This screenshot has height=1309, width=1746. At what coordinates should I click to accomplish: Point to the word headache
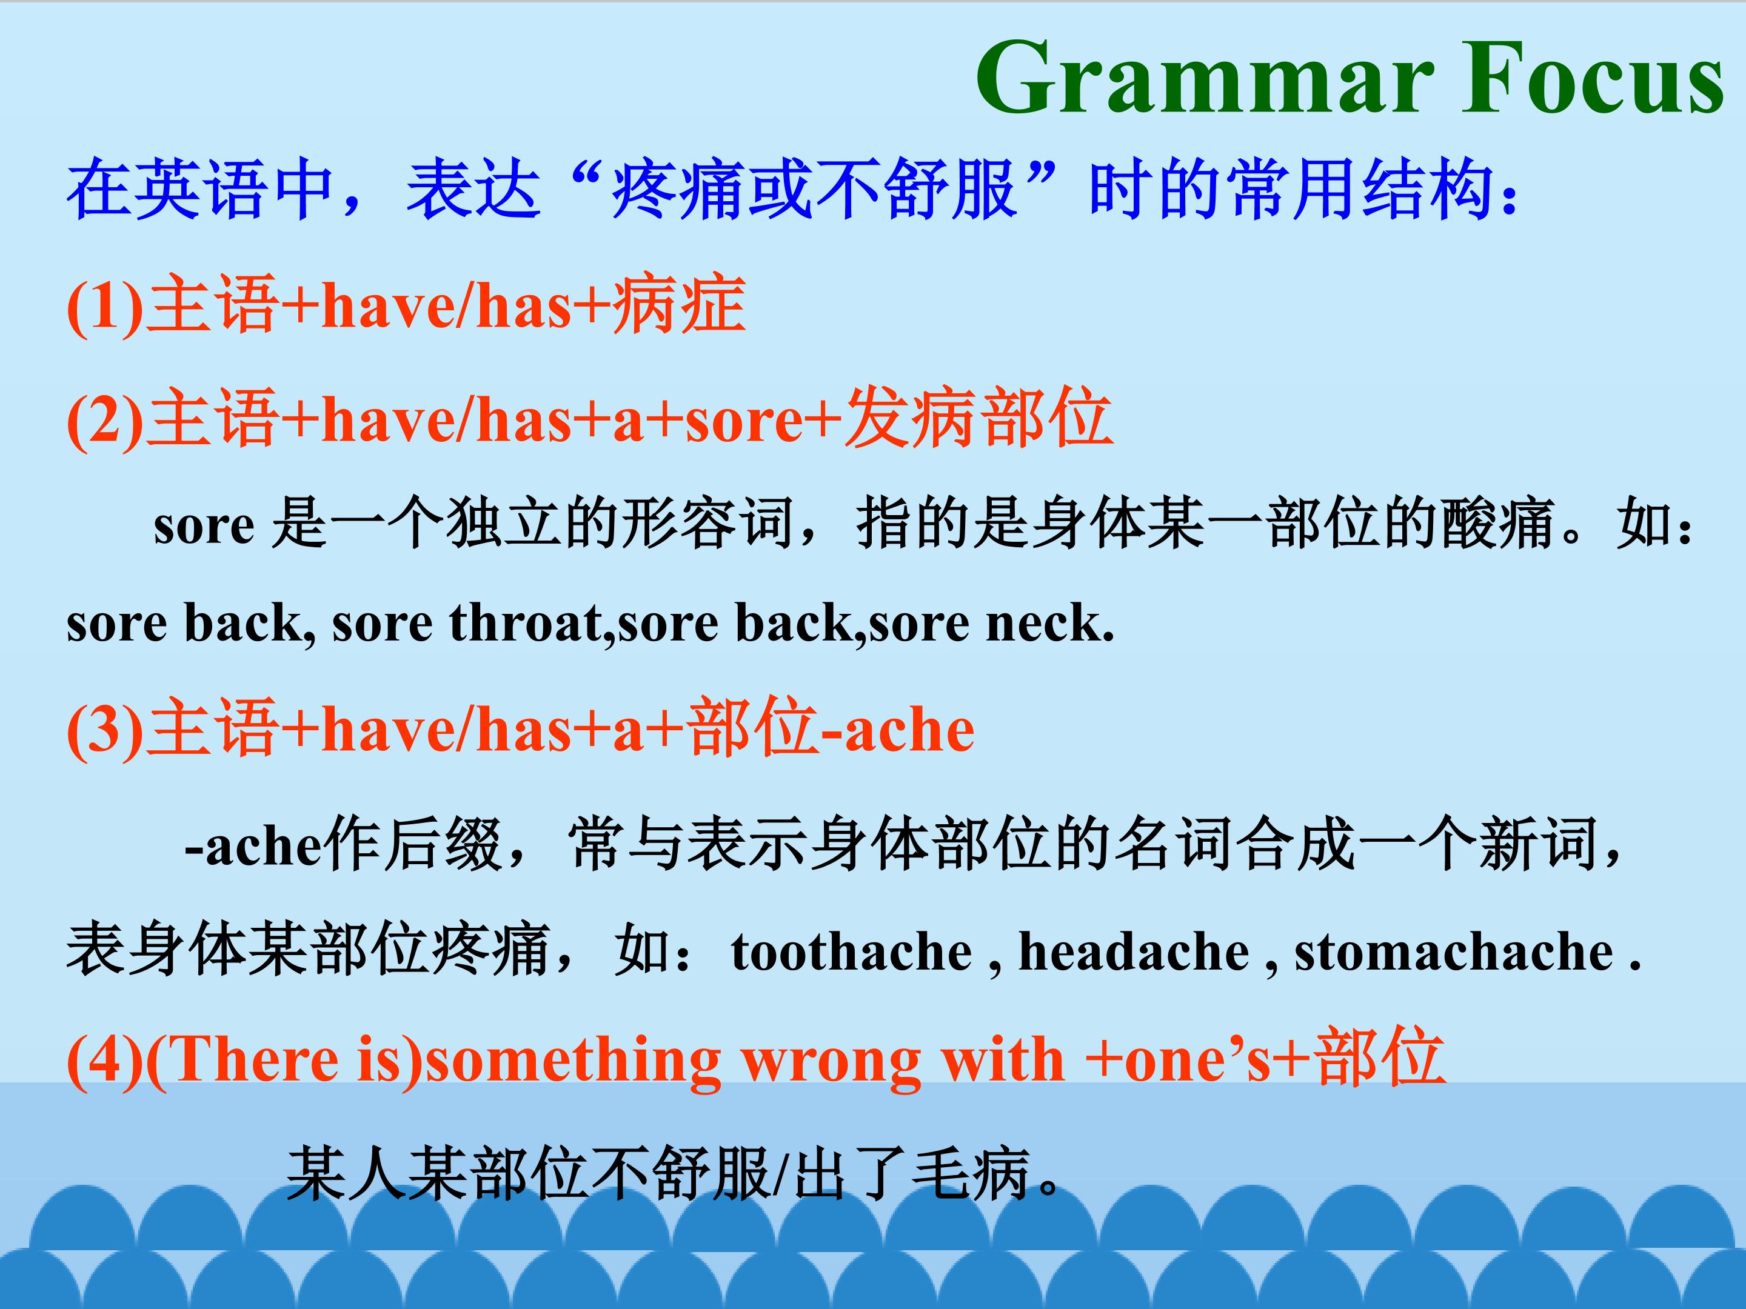coord(1134,951)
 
